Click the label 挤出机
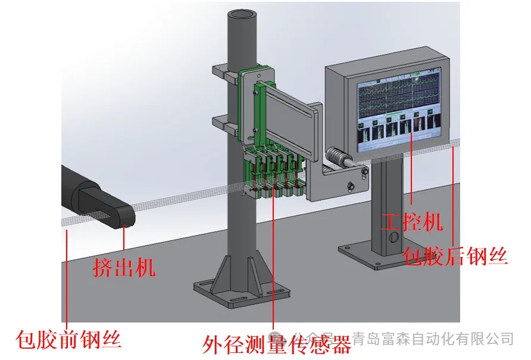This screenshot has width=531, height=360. (x=124, y=267)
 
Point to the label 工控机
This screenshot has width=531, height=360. (x=412, y=222)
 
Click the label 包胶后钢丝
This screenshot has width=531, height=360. (x=455, y=256)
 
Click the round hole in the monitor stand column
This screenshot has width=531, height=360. (x=391, y=237)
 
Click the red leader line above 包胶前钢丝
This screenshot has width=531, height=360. (x=67, y=274)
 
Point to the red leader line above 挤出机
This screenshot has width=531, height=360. (x=123, y=238)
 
